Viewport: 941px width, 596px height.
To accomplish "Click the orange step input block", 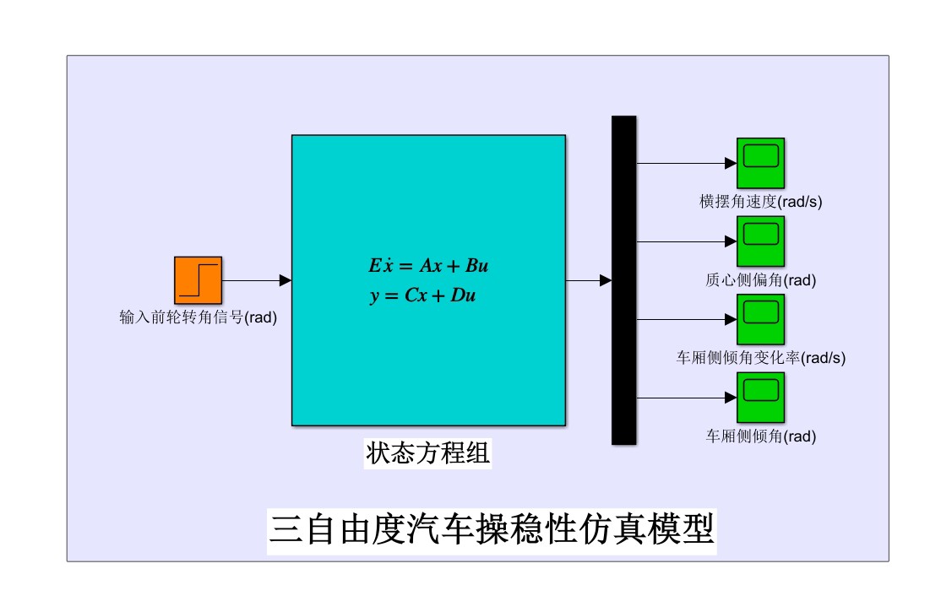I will coord(199,279).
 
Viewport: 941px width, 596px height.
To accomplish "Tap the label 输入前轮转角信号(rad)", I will coord(199,318).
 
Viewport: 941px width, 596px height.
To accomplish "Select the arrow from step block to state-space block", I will coord(256,280).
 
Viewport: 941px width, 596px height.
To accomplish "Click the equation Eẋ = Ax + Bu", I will coord(428,266).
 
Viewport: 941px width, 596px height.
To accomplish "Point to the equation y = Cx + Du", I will coord(428,296).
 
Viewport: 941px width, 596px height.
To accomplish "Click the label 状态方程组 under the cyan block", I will coord(428,453).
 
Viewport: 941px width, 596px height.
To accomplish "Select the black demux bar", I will coord(623,279).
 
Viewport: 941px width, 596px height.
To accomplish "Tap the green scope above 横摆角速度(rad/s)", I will coord(760,162).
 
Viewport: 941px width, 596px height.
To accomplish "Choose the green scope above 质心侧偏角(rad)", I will coord(760,241).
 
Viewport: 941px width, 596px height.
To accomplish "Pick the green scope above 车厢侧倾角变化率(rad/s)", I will coord(760,319).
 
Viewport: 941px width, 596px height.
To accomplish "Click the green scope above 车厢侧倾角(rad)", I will coord(760,398).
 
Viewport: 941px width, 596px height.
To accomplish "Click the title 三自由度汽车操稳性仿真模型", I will coord(492,530).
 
